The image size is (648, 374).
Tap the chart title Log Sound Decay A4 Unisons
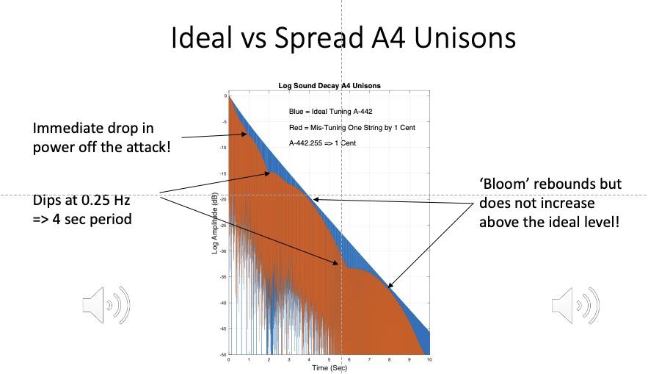click(329, 86)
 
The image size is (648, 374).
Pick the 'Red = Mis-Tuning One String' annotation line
click(352, 128)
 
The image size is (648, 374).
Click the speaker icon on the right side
click(575, 305)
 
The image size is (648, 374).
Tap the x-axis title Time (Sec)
click(328, 367)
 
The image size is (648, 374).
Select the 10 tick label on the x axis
click(429, 359)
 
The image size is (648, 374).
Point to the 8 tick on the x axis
click(389, 359)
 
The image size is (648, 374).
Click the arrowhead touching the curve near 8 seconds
click(390, 287)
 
